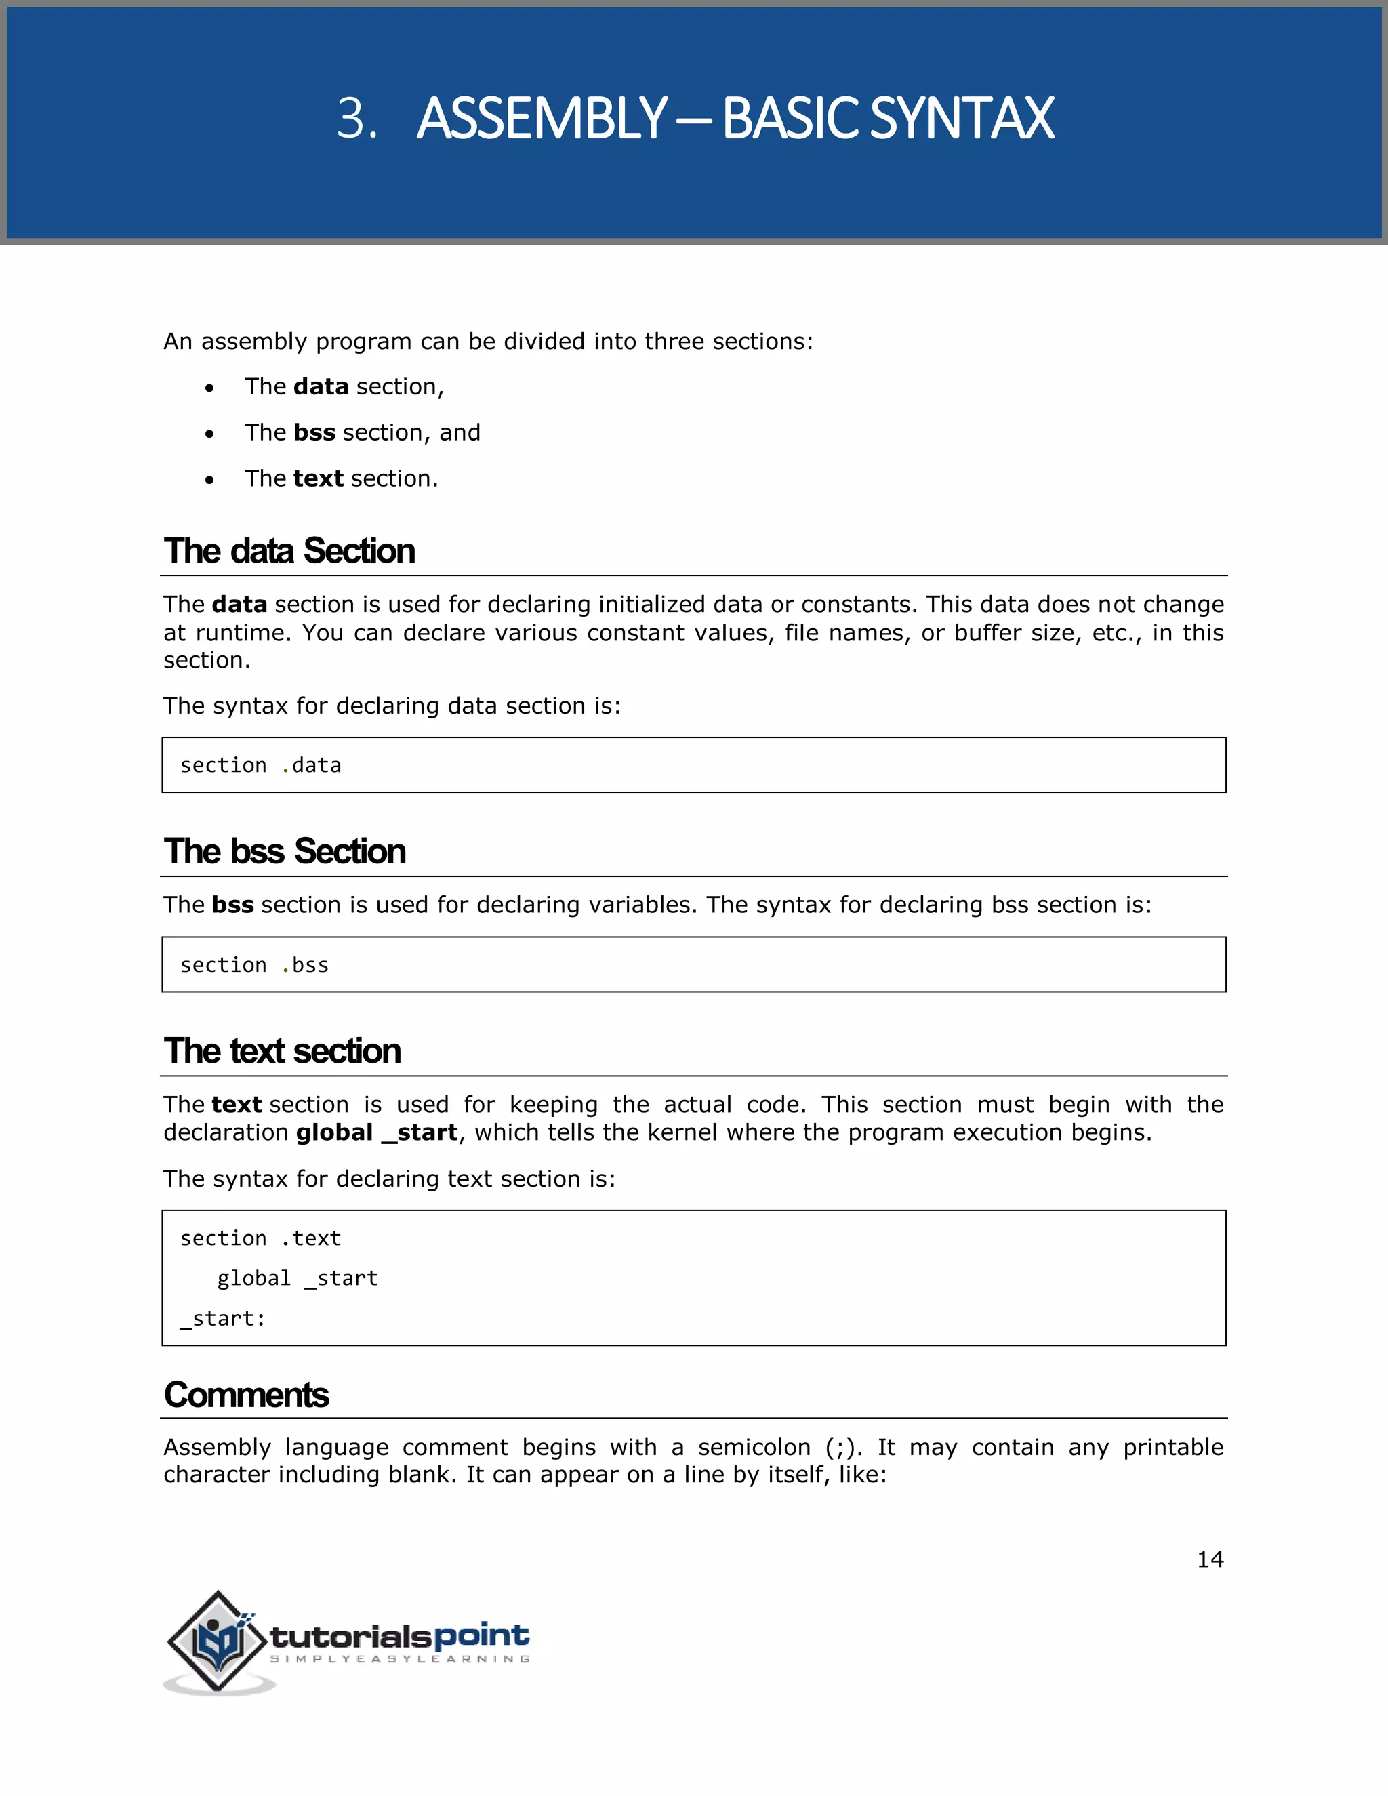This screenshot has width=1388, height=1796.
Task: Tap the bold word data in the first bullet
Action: coord(321,386)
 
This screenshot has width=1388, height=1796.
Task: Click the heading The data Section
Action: coord(289,551)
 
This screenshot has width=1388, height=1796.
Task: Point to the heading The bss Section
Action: coord(285,851)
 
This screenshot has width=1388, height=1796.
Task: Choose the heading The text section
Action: coord(282,1051)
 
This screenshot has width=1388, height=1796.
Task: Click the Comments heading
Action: coord(246,1395)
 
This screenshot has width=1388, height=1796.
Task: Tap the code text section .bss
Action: coord(254,965)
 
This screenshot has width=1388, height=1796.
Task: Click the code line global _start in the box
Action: coord(297,1279)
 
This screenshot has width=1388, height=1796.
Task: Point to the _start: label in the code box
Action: coord(223,1319)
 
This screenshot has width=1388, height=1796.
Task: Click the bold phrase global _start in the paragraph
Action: coord(375,1133)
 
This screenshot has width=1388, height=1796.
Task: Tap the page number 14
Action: coord(1210,1559)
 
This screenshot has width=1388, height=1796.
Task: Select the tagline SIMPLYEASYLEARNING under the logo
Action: coord(400,1660)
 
